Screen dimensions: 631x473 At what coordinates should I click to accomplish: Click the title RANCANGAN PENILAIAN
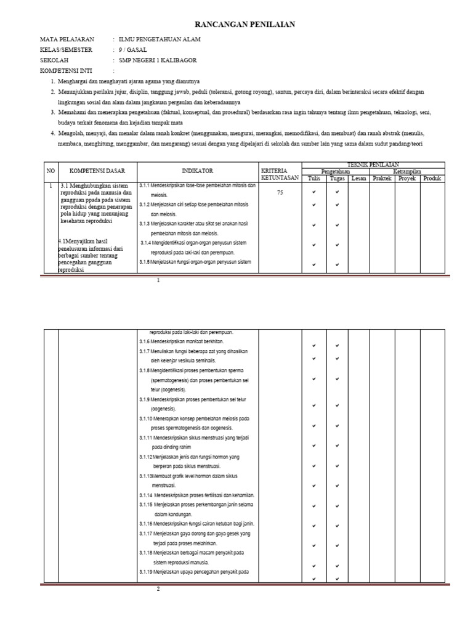[236, 24]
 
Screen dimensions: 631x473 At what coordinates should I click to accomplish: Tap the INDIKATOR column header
[198, 171]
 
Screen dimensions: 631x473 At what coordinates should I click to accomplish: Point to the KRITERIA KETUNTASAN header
[279, 174]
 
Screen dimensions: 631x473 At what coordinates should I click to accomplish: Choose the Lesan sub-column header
[359, 178]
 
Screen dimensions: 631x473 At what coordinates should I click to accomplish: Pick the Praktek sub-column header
[382, 178]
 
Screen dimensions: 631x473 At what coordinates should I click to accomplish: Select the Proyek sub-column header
[406, 178]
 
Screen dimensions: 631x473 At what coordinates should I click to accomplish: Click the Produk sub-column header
[432, 178]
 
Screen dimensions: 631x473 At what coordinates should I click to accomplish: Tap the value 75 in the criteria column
[280, 192]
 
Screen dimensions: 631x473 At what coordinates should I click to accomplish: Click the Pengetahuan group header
[336, 171]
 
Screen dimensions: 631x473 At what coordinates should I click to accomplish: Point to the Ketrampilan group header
[407, 171]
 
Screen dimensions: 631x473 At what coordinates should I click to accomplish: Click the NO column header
[49, 171]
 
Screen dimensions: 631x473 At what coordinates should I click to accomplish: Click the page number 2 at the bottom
[158, 588]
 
